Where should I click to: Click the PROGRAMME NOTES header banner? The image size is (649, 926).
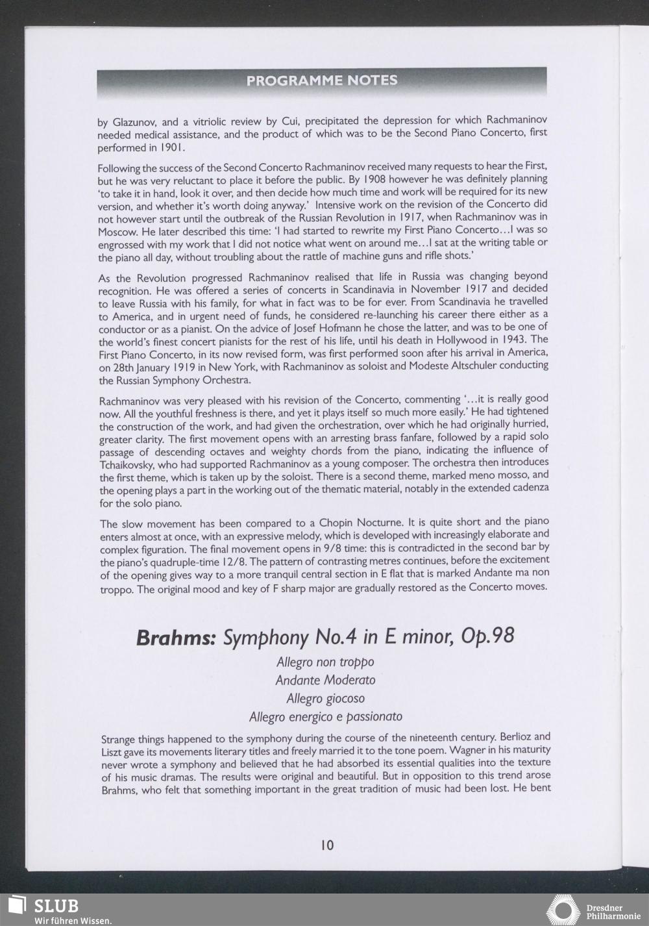pos(322,81)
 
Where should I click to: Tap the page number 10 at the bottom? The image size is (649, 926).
pos(327,845)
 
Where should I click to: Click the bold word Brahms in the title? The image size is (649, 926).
pos(176,637)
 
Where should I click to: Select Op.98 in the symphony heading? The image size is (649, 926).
pos(487,636)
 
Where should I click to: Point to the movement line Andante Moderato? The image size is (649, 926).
pos(325,681)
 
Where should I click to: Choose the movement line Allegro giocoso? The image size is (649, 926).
pos(325,699)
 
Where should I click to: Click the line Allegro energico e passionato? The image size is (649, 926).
pos(325,717)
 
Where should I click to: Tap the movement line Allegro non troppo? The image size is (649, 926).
pos(325,662)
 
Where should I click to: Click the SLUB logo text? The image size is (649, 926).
pos(56,905)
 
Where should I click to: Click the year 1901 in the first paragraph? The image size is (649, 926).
pos(164,147)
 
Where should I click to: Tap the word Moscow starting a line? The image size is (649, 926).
pos(117,231)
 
